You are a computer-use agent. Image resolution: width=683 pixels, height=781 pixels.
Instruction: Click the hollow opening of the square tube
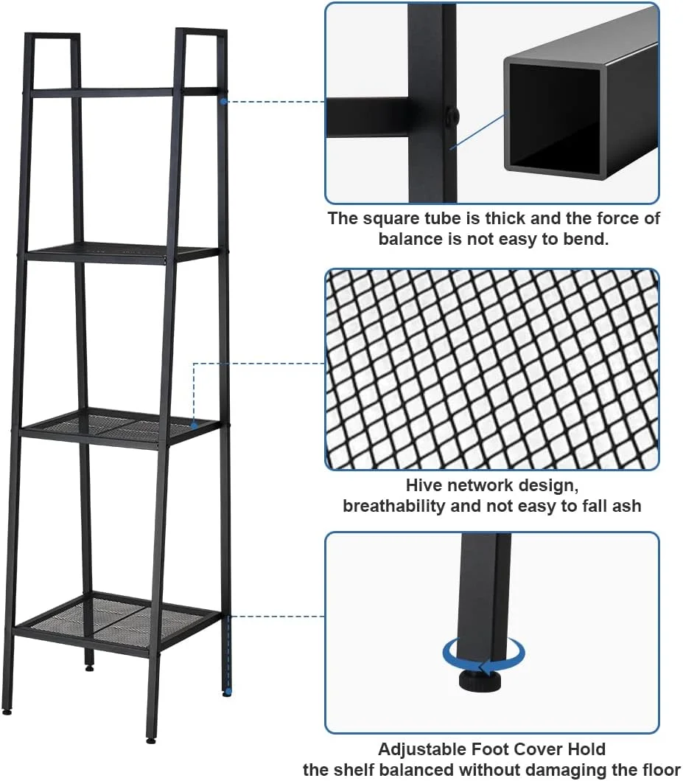point(553,118)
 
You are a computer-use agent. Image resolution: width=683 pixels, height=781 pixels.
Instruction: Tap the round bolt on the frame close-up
point(452,117)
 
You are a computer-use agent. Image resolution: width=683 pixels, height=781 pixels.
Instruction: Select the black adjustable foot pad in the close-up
point(480,681)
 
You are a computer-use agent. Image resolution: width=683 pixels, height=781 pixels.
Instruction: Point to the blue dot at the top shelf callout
point(224,102)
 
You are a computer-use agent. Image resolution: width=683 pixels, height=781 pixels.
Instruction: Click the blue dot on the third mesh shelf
point(195,426)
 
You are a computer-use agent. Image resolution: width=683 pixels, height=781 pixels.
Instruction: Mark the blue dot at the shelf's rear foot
point(228,692)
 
